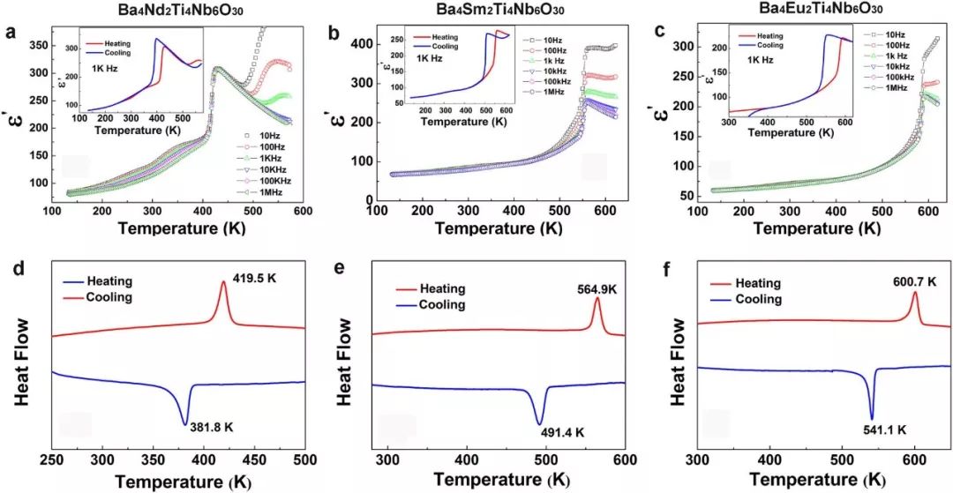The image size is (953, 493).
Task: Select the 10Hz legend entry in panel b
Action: [x=551, y=41]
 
